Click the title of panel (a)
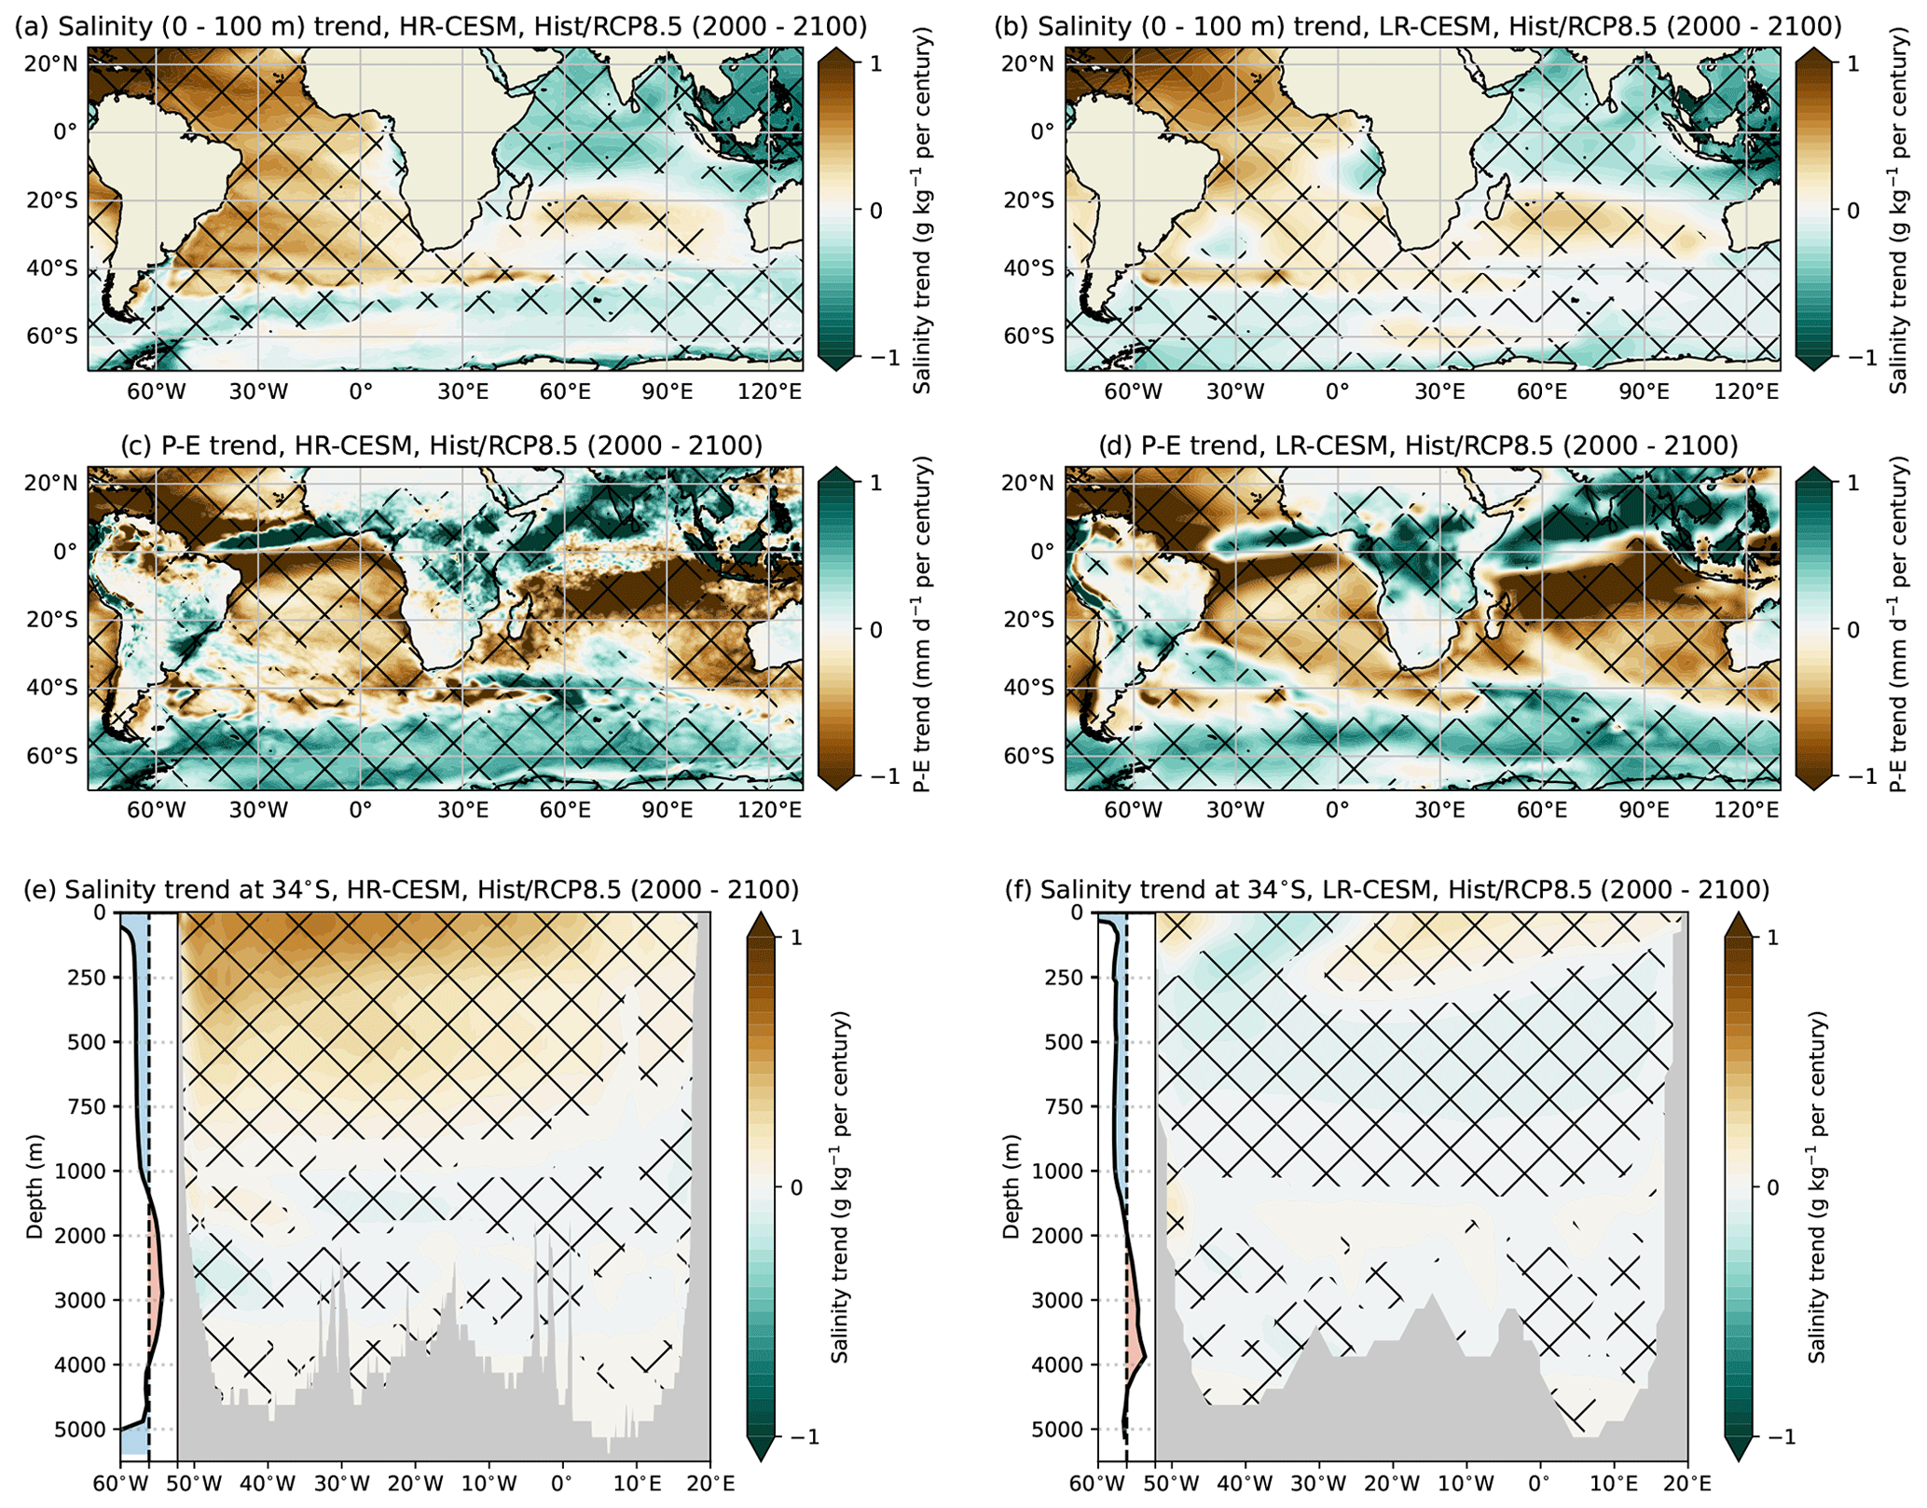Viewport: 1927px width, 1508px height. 441,27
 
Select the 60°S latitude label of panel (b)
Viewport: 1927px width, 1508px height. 1028,336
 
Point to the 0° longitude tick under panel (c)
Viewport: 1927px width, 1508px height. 361,810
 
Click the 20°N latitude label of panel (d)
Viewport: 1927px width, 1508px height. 1028,483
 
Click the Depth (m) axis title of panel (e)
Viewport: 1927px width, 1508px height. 35,1186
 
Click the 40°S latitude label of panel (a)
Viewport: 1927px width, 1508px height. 51,269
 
